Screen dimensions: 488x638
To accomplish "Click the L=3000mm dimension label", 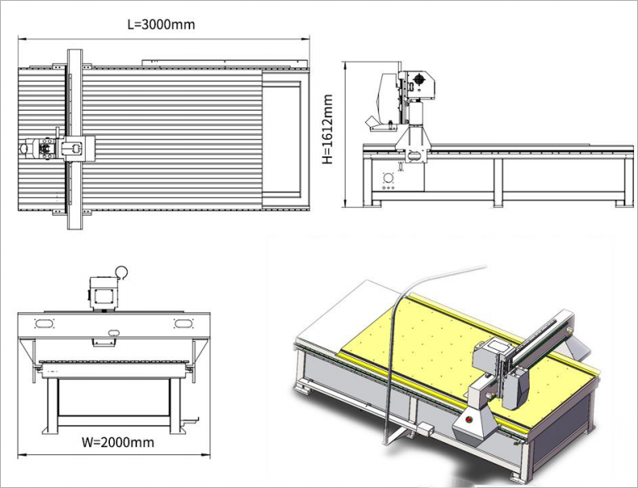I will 161,24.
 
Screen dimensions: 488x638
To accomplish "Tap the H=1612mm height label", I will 327,129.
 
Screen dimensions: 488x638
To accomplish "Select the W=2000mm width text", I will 119,441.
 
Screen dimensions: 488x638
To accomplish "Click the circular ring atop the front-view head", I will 122,272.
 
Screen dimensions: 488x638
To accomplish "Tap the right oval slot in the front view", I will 183,323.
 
